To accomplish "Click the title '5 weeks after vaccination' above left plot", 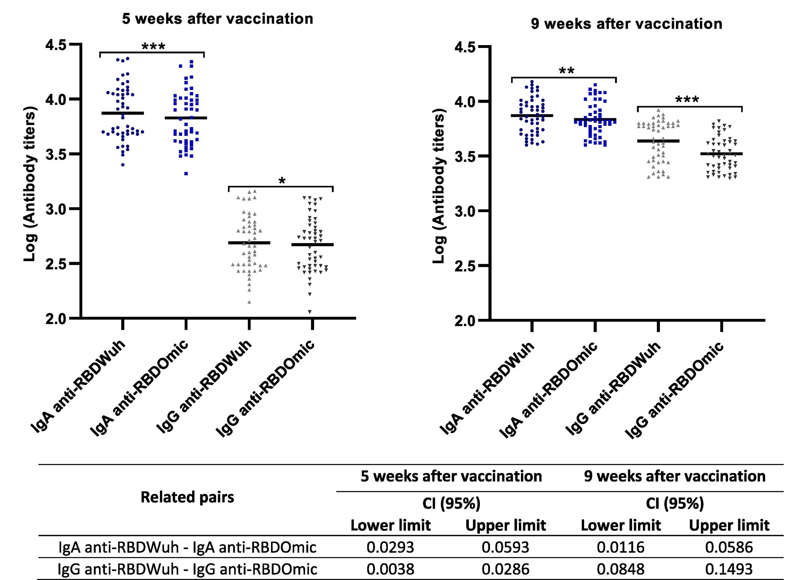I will click(218, 19).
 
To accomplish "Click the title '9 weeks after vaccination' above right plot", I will click(626, 24).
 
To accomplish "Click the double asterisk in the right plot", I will click(567, 71).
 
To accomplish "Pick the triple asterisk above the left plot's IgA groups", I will click(153, 47).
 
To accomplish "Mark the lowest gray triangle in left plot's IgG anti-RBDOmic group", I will click(310, 312).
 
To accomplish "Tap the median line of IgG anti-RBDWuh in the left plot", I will click(249, 243).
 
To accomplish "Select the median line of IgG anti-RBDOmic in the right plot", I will click(721, 153).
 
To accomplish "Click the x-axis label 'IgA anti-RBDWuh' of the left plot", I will click(79, 390).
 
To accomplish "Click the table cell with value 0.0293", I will click(390, 547).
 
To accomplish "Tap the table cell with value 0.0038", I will click(390, 569).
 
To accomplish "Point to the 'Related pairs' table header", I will click(187, 497).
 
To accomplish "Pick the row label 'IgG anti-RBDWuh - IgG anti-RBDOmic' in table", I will click(187, 569).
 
